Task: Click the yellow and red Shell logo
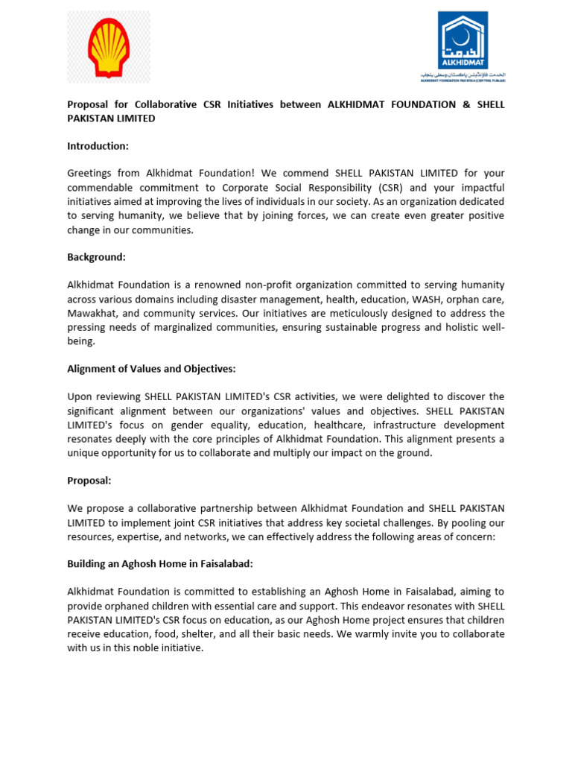click(x=109, y=47)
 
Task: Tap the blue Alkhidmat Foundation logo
click(x=463, y=45)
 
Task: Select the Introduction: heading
click(x=98, y=146)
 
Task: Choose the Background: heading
click(x=97, y=257)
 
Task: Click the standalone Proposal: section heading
click(x=89, y=481)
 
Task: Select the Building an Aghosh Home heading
click(x=160, y=564)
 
